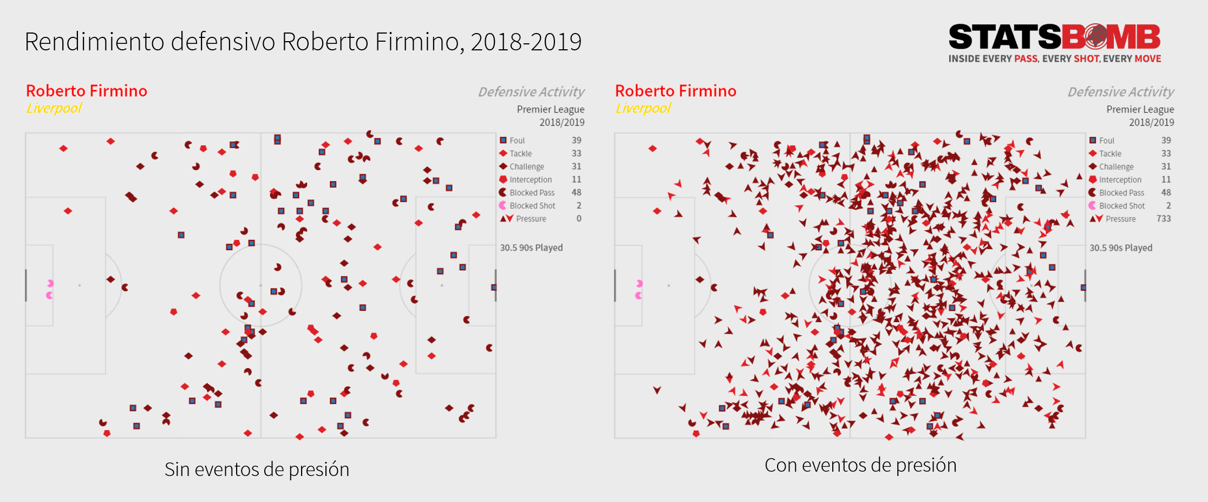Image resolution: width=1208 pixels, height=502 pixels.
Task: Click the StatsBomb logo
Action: coord(1054,37)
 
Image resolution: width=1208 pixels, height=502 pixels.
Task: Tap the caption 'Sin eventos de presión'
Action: coord(257,469)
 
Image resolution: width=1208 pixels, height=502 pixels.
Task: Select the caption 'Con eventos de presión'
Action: coord(860,465)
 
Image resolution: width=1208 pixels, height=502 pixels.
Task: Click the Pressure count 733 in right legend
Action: coord(1163,219)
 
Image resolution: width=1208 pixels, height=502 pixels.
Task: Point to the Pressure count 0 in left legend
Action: coord(579,219)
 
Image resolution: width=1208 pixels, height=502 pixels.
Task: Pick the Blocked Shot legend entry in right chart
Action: coord(1121,206)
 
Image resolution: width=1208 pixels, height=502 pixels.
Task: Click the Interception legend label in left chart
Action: coord(531,180)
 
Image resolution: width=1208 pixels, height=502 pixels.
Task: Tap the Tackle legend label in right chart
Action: coord(1110,154)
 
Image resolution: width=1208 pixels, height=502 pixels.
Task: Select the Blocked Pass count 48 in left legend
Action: coord(576,193)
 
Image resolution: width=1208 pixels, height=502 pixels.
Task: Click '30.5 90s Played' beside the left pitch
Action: coord(531,247)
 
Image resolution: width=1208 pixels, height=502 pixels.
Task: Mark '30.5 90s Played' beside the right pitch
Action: coord(1121,247)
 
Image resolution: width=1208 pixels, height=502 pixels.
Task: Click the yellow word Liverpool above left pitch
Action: coord(54,108)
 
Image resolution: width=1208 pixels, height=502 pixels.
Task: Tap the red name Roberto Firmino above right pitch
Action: coord(675,90)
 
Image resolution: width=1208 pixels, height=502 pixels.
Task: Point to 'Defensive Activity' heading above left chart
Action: coord(531,92)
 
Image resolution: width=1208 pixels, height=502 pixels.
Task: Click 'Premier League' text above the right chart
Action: coord(1140,109)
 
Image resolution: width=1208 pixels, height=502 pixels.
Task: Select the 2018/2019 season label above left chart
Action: coord(561,122)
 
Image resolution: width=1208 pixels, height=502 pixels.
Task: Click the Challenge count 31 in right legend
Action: coord(1166,167)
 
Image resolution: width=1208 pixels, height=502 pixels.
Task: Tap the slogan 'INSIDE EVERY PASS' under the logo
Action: coord(993,58)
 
